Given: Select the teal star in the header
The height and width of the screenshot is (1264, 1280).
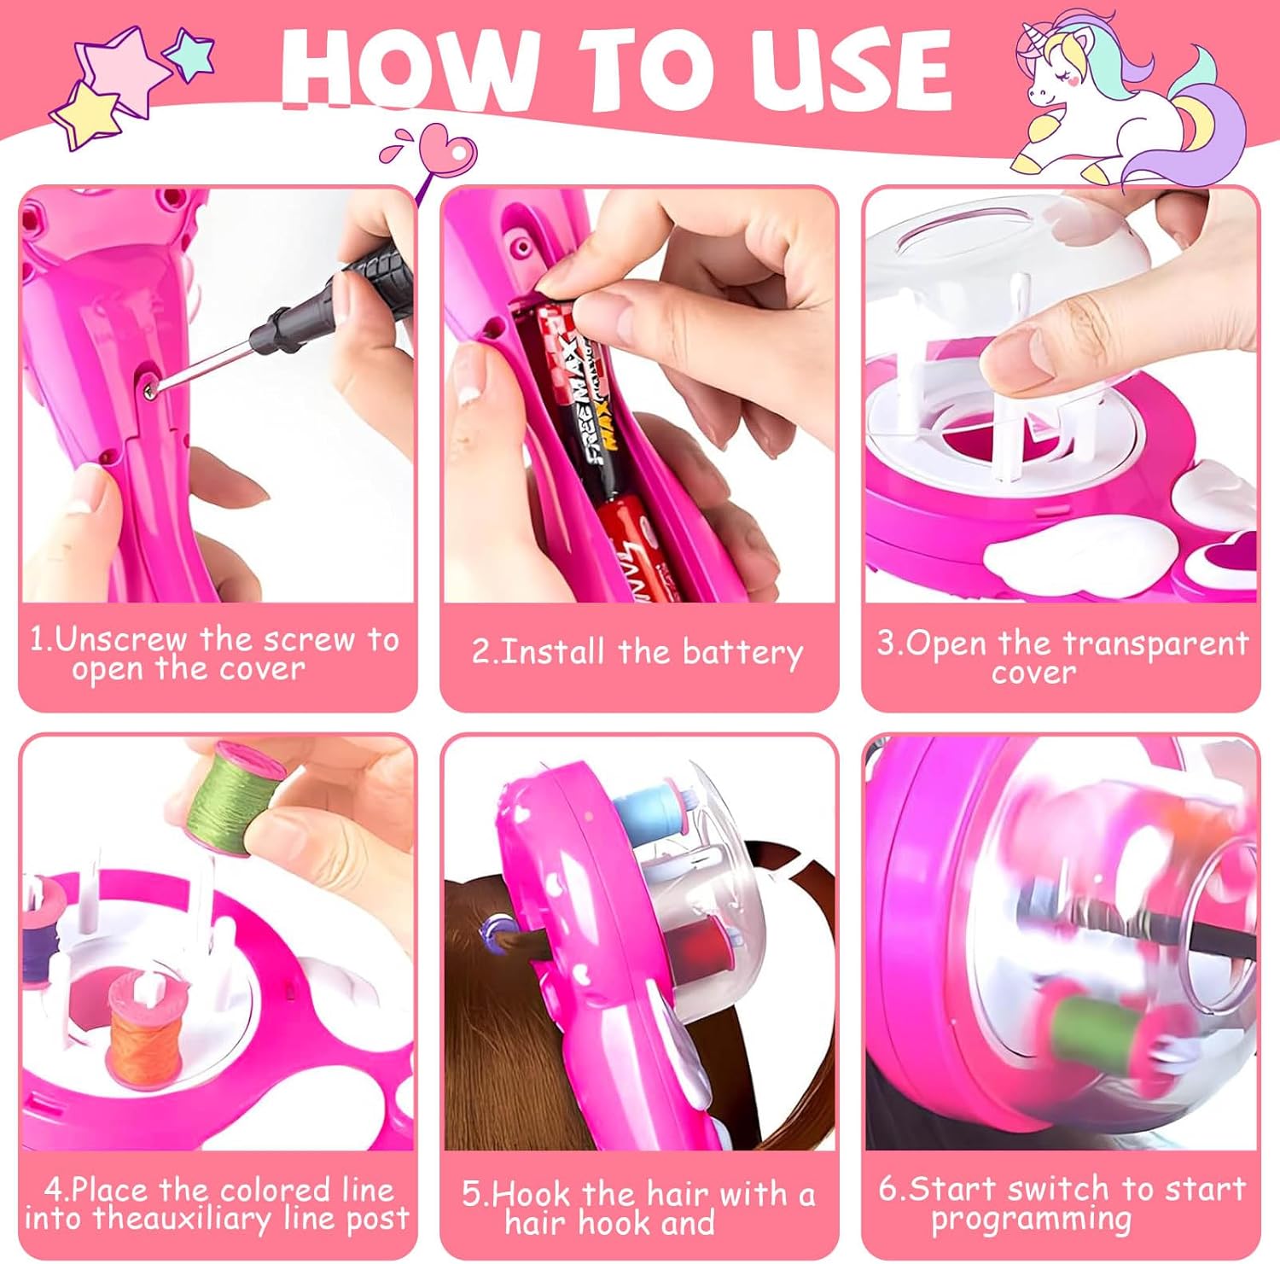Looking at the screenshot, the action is coord(189,53).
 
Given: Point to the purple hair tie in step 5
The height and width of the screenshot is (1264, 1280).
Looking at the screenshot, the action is coord(493,926).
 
